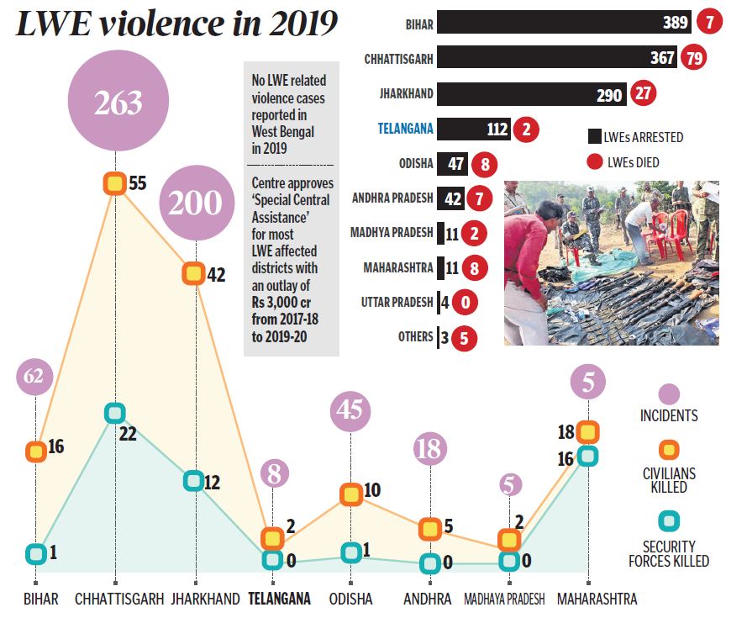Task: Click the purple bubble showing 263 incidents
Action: tap(118, 103)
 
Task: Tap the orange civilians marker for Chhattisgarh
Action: tap(115, 183)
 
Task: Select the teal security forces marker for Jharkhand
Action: tap(193, 481)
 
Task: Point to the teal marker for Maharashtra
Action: tap(588, 457)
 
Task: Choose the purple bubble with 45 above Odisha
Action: tap(350, 410)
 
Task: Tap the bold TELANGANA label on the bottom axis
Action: tap(280, 600)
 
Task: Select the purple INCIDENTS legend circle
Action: tap(669, 394)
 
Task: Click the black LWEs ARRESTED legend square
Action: tap(595, 137)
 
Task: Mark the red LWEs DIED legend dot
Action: tap(595, 162)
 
